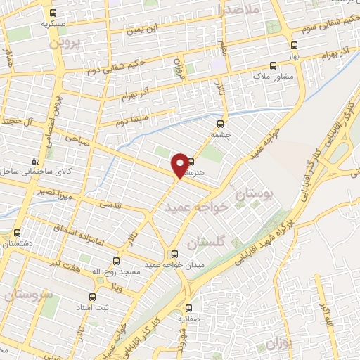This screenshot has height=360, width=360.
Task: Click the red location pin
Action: (x=181, y=165)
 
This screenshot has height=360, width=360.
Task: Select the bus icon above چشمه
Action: (x=221, y=119)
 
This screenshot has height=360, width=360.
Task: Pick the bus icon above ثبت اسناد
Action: (x=90, y=297)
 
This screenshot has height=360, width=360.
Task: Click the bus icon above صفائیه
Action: (x=188, y=308)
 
